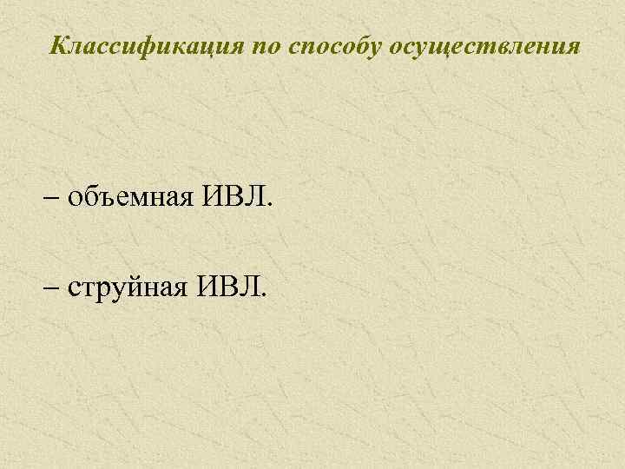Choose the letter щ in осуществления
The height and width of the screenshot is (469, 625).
[448, 45]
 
